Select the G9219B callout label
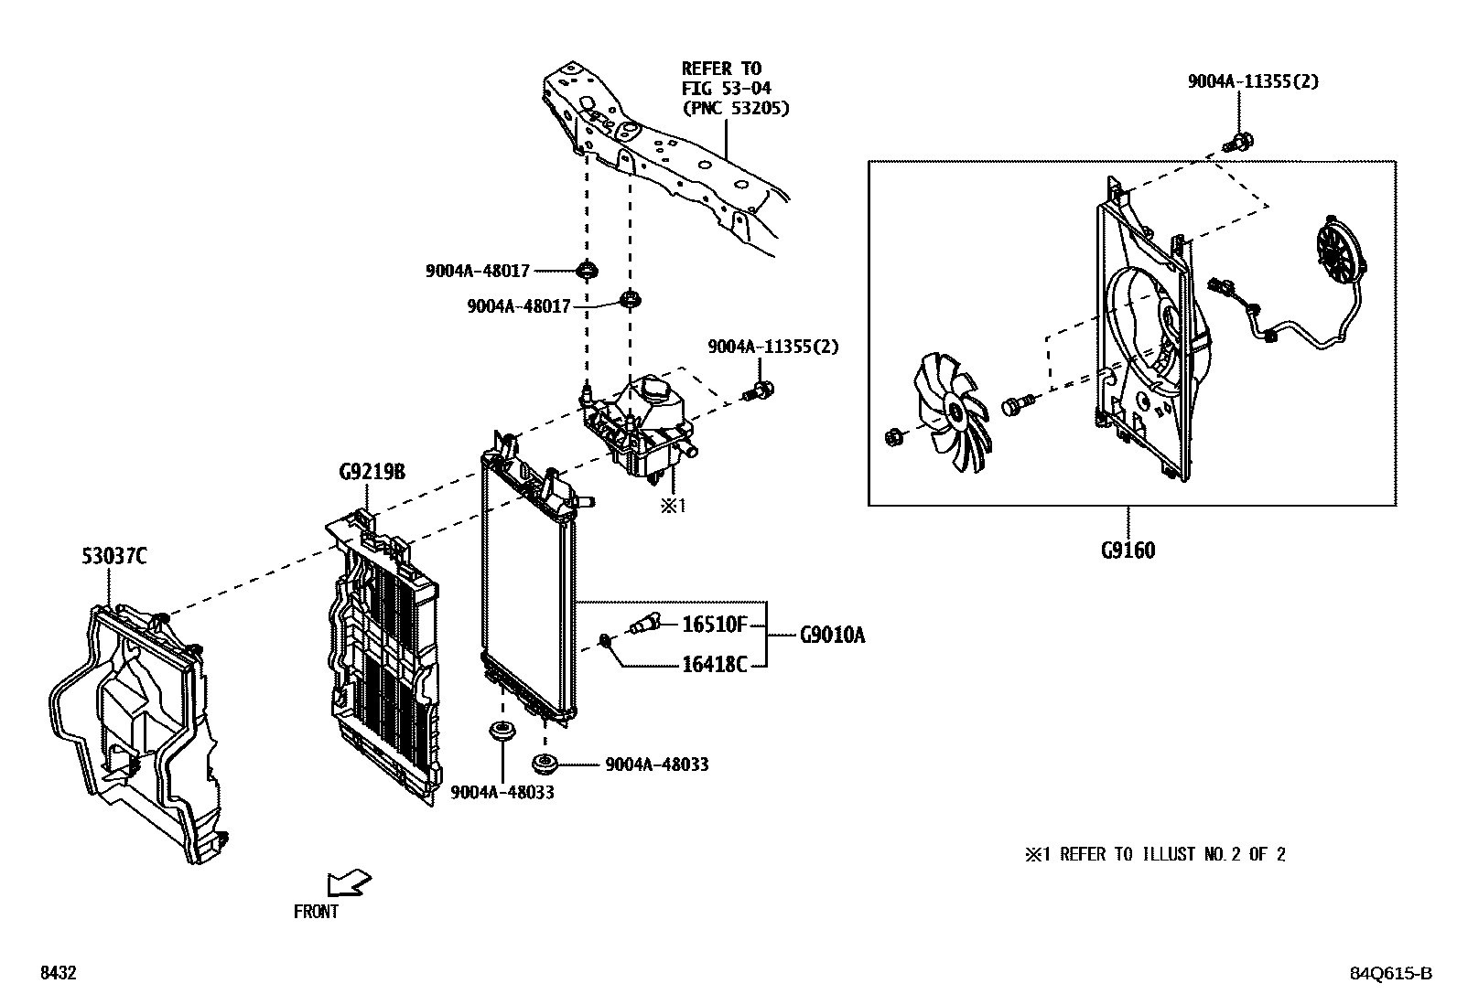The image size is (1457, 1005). tap(372, 473)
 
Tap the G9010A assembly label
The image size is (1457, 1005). tap(831, 635)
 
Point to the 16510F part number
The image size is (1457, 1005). tap(715, 625)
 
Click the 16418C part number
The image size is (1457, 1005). tap(715, 665)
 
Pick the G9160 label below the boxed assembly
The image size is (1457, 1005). tap(1128, 551)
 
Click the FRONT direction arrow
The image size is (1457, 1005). tap(349, 883)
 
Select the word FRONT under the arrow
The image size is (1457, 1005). tap(316, 912)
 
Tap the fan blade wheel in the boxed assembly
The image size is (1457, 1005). tap(954, 412)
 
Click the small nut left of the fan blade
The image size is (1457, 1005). tap(895, 438)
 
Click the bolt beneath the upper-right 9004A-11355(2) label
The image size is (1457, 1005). tap(1238, 143)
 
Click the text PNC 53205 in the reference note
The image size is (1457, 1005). tap(735, 108)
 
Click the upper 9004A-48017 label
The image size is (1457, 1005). tap(477, 271)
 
